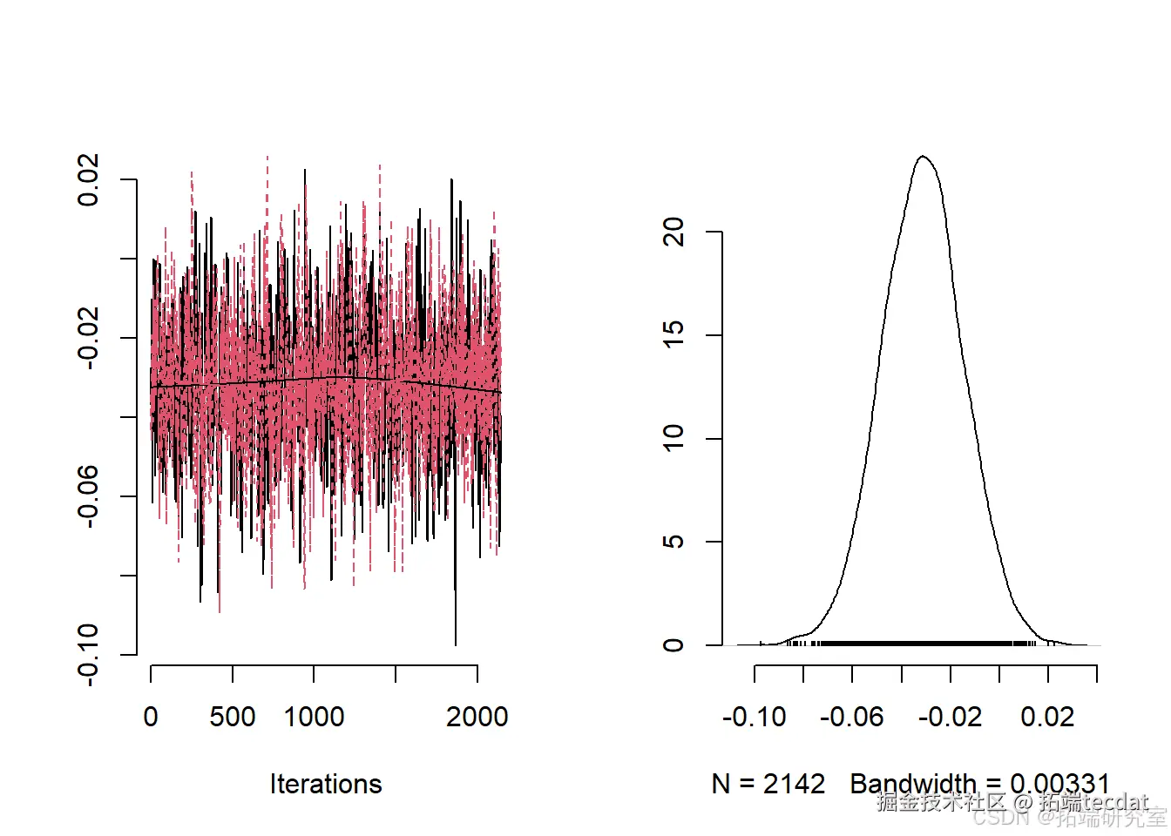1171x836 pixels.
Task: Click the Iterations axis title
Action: (326, 784)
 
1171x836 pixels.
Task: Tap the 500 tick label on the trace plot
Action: (233, 717)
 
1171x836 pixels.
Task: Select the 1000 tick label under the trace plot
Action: (314, 717)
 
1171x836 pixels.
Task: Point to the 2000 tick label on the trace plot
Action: (477, 717)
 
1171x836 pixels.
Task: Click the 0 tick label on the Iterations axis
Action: (151, 717)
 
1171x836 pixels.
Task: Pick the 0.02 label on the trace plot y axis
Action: (89, 180)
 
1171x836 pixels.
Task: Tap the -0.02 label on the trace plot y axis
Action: (89, 338)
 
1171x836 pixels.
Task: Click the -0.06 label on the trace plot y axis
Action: (89, 496)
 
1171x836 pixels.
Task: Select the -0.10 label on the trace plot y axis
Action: (89, 654)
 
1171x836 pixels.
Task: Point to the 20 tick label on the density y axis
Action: (673, 232)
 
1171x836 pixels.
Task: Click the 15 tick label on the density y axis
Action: (673, 335)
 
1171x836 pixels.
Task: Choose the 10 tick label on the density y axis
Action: (673, 438)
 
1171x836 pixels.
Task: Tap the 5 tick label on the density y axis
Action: (673, 542)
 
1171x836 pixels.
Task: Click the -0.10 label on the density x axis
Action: (755, 717)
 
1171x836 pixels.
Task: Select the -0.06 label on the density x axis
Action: (852, 717)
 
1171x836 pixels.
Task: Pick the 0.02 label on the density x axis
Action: (1047, 717)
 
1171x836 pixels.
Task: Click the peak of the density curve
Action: (923, 157)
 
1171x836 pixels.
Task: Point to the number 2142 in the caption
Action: (794, 784)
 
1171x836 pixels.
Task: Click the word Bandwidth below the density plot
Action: (913, 784)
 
